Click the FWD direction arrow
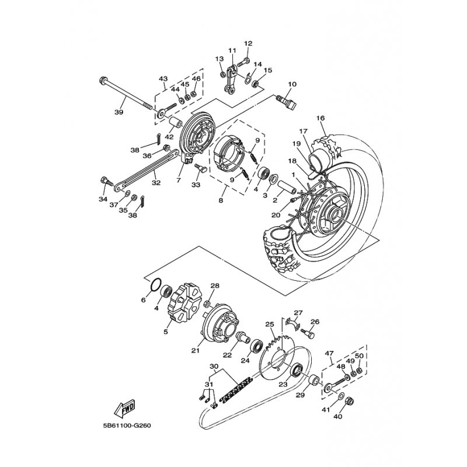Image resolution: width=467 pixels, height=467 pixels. [125, 408]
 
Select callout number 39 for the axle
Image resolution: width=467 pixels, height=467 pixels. [119, 112]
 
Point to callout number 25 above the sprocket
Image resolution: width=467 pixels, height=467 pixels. [269, 324]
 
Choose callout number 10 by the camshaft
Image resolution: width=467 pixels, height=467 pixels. [292, 84]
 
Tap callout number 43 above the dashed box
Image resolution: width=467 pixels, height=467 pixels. [163, 79]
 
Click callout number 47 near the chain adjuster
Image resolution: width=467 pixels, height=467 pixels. [329, 353]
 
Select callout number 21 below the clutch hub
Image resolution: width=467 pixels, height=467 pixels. [196, 351]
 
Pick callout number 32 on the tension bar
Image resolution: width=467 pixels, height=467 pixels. [156, 183]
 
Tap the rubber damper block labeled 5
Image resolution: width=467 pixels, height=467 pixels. [181, 303]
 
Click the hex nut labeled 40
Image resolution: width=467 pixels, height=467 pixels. [349, 402]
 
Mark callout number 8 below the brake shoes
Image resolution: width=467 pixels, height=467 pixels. [221, 200]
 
